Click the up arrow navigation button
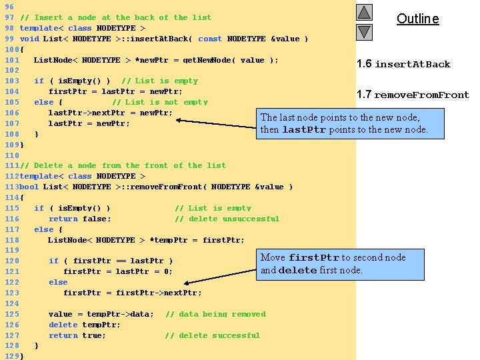pyautogui.click(x=364, y=13)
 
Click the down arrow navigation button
pyautogui.click(x=364, y=32)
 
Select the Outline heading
pyautogui.click(x=418, y=19)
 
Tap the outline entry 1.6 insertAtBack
pyautogui.click(x=403, y=64)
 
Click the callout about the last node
pyautogui.click(x=344, y=123)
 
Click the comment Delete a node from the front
pyautogui.click(x=123, y=165)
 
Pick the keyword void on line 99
pyautogui.click(x=29, y=39)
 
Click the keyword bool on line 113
pyautogui.click(x=29, y=187)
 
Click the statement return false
pyautogui.click(x=80, y=219)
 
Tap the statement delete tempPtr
pyautogui.click(x=85, y=325)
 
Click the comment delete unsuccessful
pyautogui.click(x=227, y=219)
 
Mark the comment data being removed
pyautogui.click(x=215, y=314)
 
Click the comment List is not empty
pyautogui.click(x=160, y=102)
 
